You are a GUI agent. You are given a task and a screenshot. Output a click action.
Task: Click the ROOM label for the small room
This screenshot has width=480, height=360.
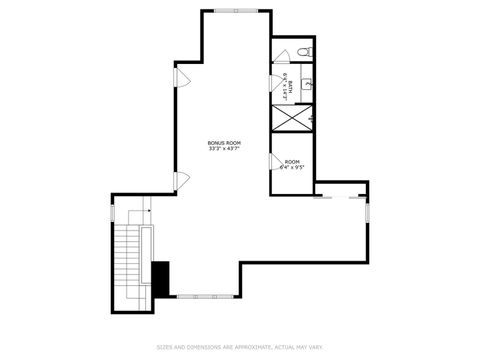point(292,162)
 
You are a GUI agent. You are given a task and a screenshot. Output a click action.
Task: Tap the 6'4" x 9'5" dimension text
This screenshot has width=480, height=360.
point(292,168)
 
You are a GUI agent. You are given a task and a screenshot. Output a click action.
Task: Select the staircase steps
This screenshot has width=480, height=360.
point(127,266)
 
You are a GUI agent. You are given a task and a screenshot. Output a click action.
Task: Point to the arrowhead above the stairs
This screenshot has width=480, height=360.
point(148,211)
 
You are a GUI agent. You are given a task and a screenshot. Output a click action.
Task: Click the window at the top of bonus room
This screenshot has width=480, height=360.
point(237,11)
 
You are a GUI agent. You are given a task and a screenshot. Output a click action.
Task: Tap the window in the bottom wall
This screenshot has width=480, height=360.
point(208,296)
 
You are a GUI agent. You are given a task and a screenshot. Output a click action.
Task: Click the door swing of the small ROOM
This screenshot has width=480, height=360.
point(275,162)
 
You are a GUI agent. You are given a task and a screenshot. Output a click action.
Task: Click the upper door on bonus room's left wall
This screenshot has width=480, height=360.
point(181,78)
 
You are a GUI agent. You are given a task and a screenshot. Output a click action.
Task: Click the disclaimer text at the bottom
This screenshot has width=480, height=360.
point(240,347)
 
